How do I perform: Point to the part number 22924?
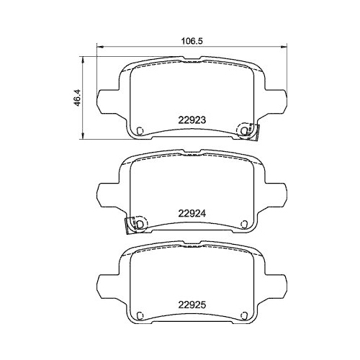[x=192, y=212]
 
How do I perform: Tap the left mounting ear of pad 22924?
[x=107, y=192]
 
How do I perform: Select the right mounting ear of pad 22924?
[x=278, y=192]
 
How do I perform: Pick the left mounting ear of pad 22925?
[x=107, y=282]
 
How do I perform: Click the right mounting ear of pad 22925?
[x=278, y=282]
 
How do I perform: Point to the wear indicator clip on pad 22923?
[x=250, y=130]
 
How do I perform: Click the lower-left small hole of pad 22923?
[x=140, y=130]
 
